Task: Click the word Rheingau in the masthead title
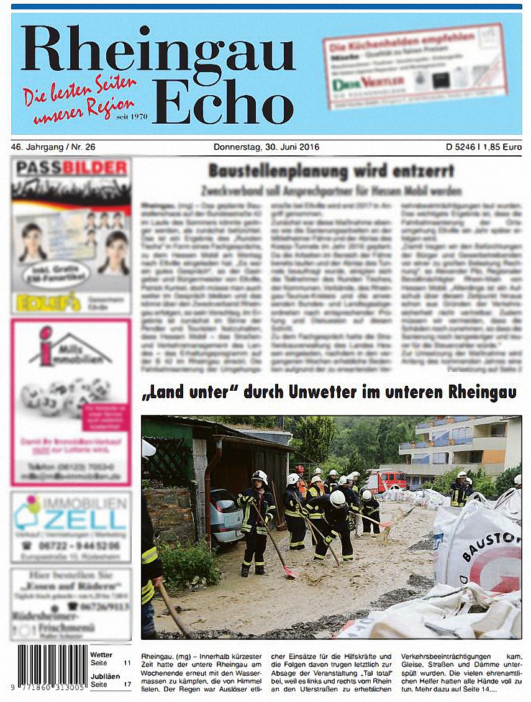158,49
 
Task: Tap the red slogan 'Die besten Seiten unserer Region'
79,99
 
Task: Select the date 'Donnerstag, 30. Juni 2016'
266,147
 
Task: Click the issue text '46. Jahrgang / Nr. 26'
53,147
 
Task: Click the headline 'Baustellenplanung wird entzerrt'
331,171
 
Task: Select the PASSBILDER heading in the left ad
71,168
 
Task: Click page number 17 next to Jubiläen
127,684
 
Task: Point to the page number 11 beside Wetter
127,663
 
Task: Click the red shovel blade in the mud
290,572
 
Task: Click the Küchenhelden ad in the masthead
414,66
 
